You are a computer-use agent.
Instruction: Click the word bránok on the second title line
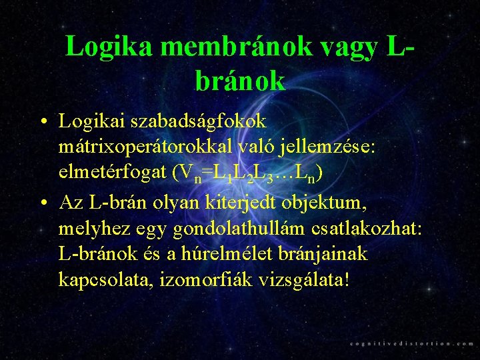click(x=241, y=81)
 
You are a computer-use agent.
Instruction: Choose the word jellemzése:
click(x=333, y=147)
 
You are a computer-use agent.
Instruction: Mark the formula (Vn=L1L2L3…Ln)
click(x=247, y=175)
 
